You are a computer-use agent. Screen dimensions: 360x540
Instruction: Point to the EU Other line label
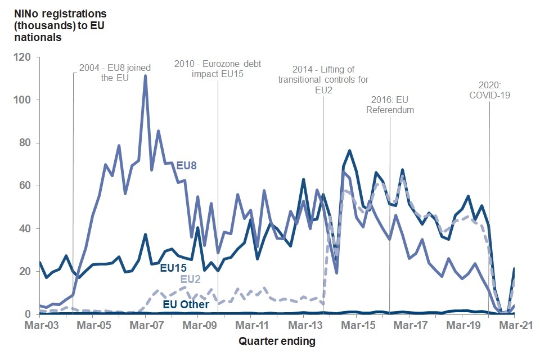coord(186,304)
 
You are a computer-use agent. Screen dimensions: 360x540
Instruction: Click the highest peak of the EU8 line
coord(145,76)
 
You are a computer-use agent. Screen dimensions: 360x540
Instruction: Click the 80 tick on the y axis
coord(28,143)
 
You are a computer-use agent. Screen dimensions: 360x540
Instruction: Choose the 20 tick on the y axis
coord(28,271)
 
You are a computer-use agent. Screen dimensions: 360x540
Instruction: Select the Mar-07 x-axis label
coord(145,325)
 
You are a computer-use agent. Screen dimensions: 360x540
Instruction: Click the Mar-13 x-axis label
coord(304,325)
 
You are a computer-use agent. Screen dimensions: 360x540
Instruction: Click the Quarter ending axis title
coord(277,341)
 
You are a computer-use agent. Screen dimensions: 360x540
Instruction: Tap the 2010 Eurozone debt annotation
coord(218,69)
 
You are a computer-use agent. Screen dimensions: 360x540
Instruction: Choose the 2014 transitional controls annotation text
coord(323,79)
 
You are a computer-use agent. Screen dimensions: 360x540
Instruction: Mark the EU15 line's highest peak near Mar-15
coord(349,150)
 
